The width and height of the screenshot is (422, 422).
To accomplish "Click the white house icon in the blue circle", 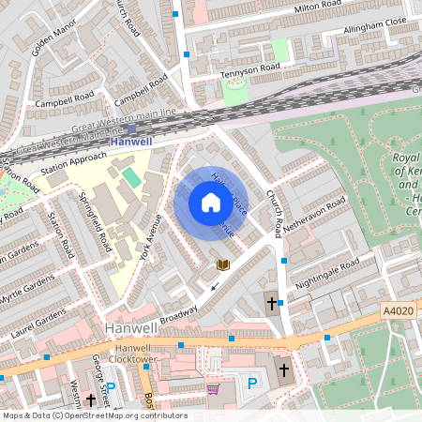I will pyautogui.click(x=210, y=203).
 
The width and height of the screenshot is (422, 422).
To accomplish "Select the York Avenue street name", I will pyautogui.click(x=150, y=234).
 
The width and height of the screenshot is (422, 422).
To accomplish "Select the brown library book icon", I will pyautogui.click(x=223, y=265).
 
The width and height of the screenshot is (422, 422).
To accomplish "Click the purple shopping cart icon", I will pyautogui.click(x=213, y=387).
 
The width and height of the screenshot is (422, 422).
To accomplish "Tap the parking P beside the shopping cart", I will pyautogui.click(x=250, y=382).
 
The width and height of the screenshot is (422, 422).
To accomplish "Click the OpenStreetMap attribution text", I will pyautogui.click(x=94, y=415).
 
